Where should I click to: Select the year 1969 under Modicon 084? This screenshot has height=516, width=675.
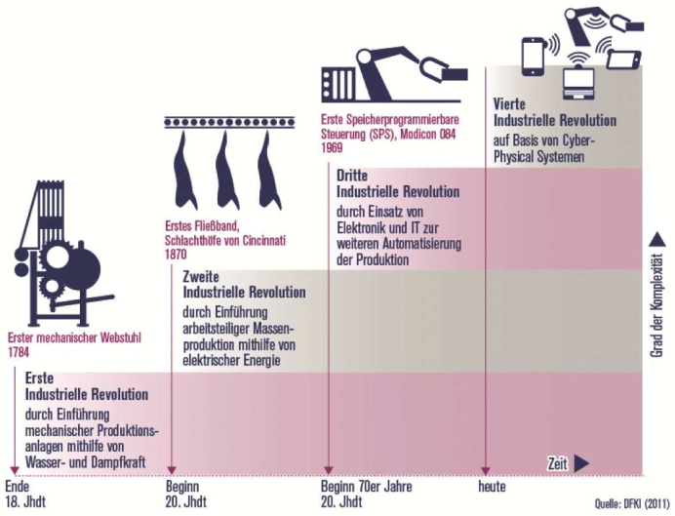pyautogui.click(x=332, y=149)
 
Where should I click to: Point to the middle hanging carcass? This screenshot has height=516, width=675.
pyautogui.click(x=226, y=162)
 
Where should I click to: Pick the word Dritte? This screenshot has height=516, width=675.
pyautogui.click(x=352, y=175)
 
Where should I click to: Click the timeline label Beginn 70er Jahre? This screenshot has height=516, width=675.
pyautogui.click(x=366, y=485)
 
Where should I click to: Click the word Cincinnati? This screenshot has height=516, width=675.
pyautogui.click(x=276, y=240)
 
